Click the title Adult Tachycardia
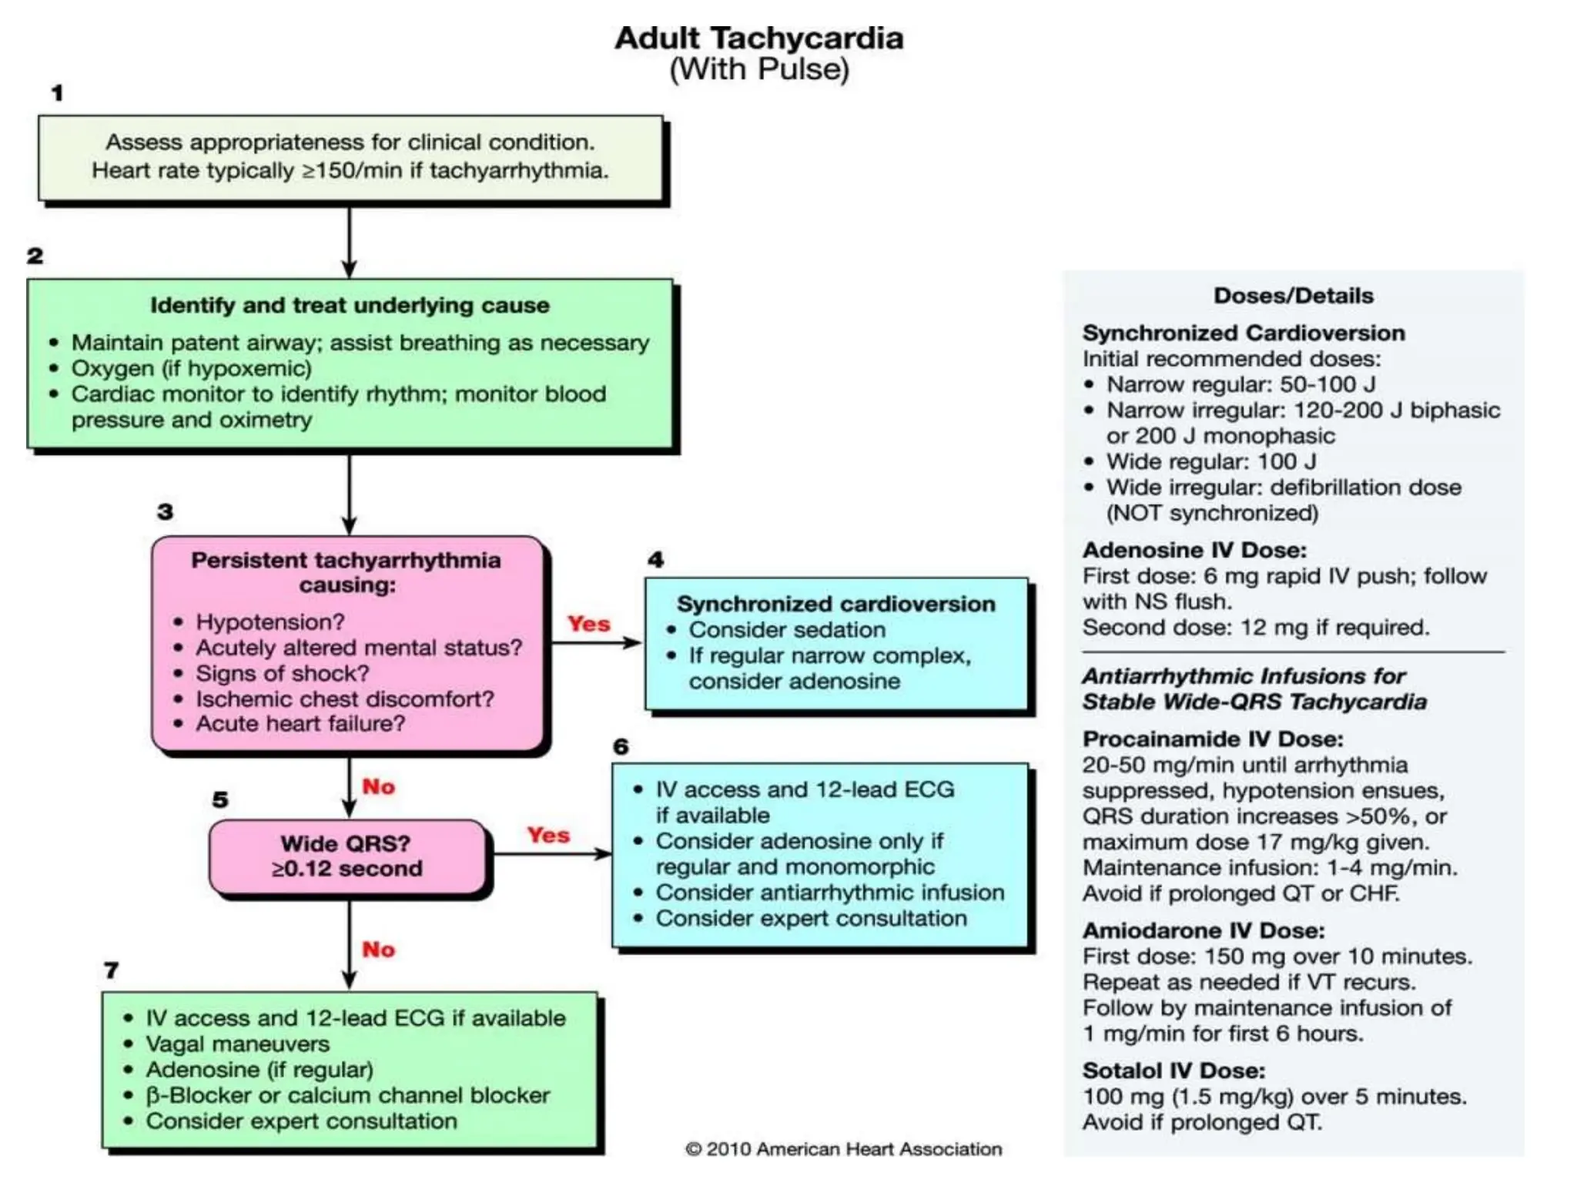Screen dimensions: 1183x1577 coord(758,38)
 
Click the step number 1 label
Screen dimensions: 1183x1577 coord(57,93)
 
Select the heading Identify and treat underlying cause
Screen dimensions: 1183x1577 coord(350,305)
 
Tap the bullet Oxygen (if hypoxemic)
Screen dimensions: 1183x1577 coord(191,368)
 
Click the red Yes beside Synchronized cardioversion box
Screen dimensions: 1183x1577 coord(588,623)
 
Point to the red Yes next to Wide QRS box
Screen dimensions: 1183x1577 coord(548,835)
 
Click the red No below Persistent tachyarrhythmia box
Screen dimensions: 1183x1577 coord(378,786)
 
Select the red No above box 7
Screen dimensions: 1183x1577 coord(378,949)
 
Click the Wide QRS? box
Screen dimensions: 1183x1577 coord(347,856)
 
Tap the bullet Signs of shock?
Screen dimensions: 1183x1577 coord(282,673)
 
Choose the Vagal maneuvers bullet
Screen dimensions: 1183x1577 coord(237,1044)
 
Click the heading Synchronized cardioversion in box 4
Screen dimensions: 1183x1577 coord(835,603)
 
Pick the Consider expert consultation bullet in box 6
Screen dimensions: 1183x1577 coord(811,918)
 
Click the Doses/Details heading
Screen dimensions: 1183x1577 coord(1293,295)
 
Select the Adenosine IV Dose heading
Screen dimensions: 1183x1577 coord(1194,550)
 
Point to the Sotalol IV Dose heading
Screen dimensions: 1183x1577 coord(1173,1071)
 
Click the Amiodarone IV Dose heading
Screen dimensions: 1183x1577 coord(1203,930)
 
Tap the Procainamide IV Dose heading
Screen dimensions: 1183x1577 coord(1212,739)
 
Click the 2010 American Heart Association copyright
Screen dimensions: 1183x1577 coord(843,1149)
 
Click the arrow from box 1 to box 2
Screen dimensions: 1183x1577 coord(349,241)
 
